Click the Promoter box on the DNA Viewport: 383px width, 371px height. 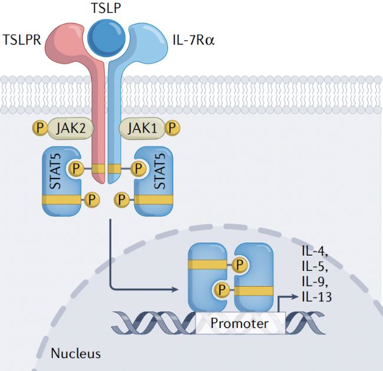tap(239, 323)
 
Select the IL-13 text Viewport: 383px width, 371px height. tap(316, 297)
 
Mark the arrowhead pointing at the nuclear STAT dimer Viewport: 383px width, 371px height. tap(177, 290)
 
